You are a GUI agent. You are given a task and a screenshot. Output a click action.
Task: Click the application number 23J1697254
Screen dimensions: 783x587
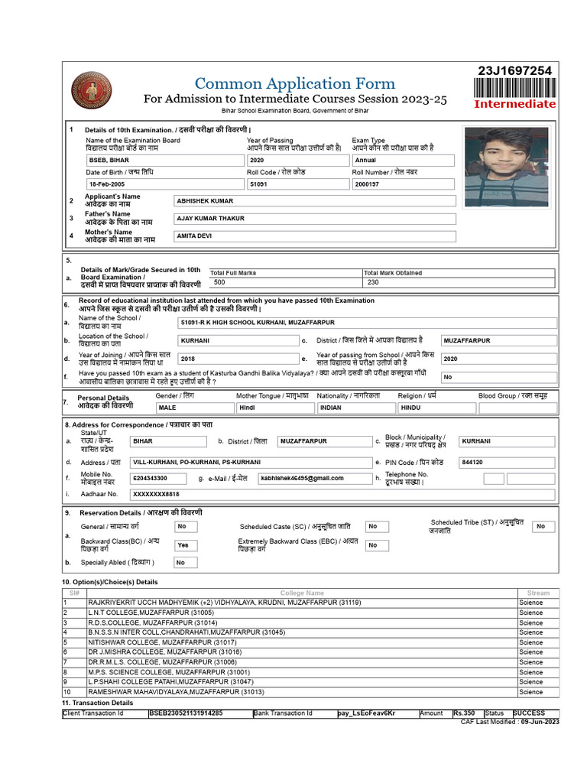[514, 71]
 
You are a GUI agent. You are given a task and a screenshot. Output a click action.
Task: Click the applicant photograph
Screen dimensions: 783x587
[507, 167]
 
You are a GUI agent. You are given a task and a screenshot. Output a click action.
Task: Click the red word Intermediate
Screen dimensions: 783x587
[514, 104]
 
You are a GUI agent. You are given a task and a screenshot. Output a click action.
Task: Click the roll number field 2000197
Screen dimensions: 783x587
[403, 185]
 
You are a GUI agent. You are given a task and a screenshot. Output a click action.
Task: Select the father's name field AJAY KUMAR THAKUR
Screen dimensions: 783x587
[315, 219]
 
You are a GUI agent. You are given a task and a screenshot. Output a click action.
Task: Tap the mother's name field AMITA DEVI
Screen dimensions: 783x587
[315, 237]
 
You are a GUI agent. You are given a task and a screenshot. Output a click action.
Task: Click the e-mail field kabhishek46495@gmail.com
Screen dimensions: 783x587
[313, 479]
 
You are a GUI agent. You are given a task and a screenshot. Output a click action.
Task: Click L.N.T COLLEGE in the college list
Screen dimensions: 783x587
[151, 612]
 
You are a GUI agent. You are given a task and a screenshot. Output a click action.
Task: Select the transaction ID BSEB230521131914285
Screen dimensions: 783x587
[187, 713]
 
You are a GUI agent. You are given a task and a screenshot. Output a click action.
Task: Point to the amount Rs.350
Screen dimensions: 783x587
[464, 713]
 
